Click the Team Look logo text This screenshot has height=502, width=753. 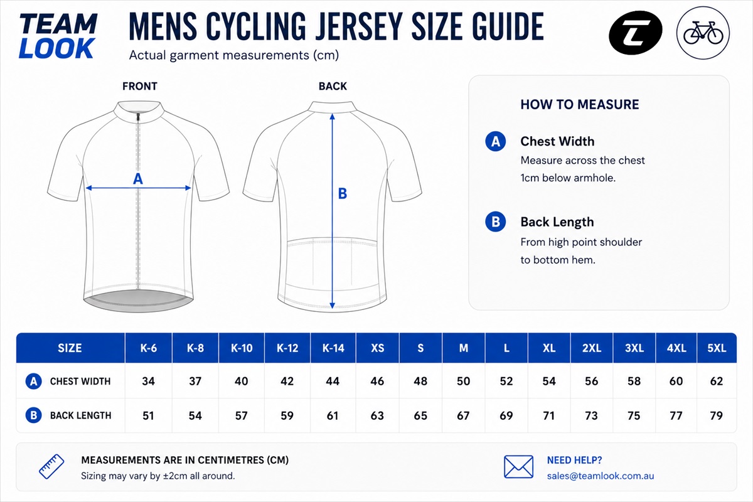point(58,36)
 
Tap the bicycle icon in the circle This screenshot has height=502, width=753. point(703,33)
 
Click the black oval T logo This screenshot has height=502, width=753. point(635,32)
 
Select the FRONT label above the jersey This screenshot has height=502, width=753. point(139,87)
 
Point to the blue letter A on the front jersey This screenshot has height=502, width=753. point(138,179)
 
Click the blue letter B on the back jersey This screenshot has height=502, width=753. point(342,194)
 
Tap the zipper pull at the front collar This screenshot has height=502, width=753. point(137,118)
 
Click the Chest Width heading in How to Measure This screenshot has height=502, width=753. point(557,141)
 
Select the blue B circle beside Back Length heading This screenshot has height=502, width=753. point(495,222)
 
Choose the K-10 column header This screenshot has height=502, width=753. point(242,348)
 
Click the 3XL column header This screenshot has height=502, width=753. point(634,348)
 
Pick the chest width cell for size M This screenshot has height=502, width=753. point(463,382)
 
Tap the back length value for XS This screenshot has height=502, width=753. point(377,416)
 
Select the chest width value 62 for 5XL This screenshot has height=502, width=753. point(717,382)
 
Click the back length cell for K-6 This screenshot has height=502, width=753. point(148,416)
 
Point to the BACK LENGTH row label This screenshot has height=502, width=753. point(80,415)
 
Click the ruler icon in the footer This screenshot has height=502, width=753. point(51,467)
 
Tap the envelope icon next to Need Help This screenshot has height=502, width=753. point(518,467)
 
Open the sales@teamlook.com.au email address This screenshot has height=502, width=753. point(601,476)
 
